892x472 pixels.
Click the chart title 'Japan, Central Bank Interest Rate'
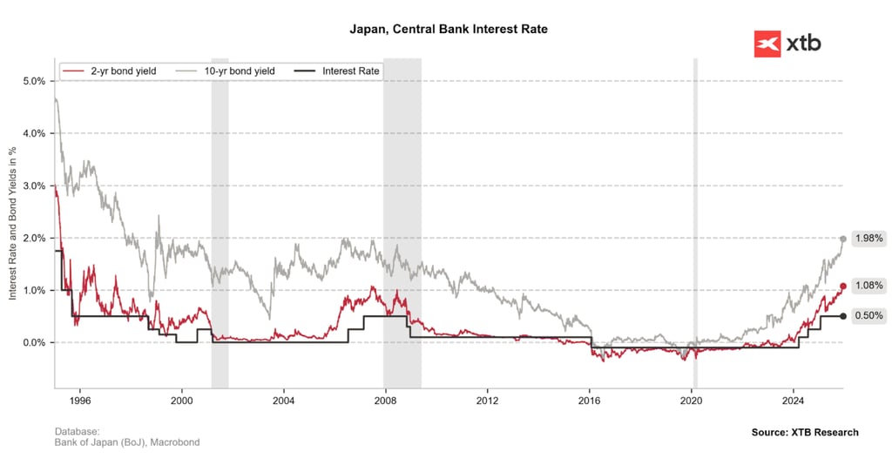(448, 30)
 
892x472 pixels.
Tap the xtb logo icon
(767, 44)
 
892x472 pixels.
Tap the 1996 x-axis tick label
(80, 401)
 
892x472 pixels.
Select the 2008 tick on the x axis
(385, 401)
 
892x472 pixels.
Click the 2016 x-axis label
(589, 401)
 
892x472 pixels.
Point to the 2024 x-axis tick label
(793, 401)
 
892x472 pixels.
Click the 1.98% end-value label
(869, 238)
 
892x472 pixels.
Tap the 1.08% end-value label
(869, 285)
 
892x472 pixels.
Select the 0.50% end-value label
(869, 315)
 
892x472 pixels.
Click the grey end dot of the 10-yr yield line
(843, 239)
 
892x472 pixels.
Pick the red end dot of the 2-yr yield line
(843, 286)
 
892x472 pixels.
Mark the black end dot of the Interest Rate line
(843, 316)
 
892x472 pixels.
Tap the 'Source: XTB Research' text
(804, 432)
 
